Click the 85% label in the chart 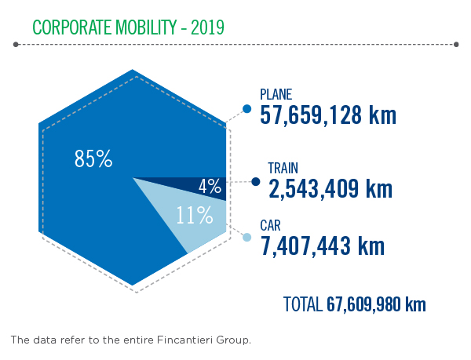pos(93,158)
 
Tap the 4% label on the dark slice pos(210,187)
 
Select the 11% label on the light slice pos(195,215)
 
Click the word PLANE pos(276,94)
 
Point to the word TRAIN pos(283,168)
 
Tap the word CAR pos(270,226)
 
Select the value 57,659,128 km pos(328,115)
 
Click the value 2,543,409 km pos(330,189)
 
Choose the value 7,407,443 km pos(323,246)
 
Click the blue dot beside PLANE pos(247,109)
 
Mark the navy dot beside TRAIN pos(256,182)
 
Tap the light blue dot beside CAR pos(247,238)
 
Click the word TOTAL pos(303,304)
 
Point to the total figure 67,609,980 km pos(376,304)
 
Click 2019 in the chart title pos(207,27)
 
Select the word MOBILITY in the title pos(146,27)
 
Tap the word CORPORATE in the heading pos(71,27)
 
